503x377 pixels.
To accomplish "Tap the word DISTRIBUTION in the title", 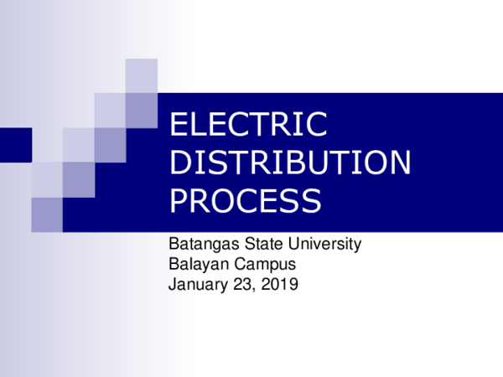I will tap(290, 163).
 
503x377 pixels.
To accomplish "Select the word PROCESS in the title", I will tap(245, 201).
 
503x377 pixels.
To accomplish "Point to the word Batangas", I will tap(200, 245).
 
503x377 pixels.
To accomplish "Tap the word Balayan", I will tap(196, 264).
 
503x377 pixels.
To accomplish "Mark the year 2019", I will tap(281, 284).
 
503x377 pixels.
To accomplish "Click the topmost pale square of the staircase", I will tap(142, 75).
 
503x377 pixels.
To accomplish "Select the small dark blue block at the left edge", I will tap(15, 144).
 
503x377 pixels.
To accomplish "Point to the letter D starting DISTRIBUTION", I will tap(179, 163).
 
